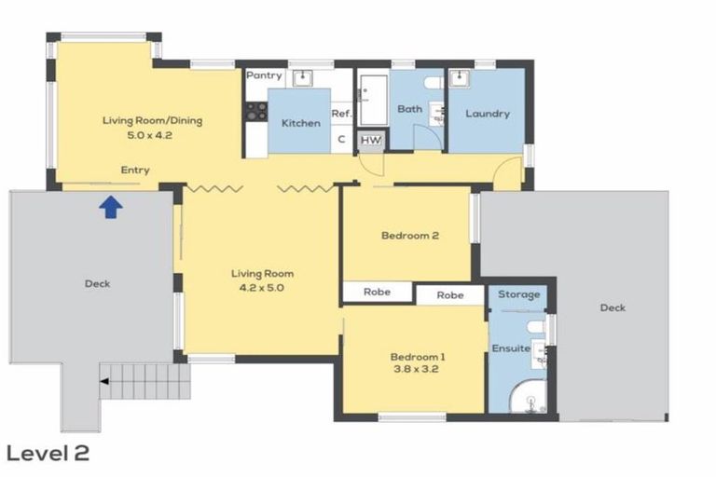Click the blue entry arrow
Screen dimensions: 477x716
(110, 207)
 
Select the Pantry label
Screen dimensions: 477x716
(263, 75)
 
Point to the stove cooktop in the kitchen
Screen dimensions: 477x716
(256, 112)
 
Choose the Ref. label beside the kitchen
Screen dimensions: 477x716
(340, 113)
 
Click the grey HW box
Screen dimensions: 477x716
(371, 140)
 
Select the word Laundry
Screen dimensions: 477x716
(488, 114)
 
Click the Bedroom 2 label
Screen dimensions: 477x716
(410, 236)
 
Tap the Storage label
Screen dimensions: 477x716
(518, 294)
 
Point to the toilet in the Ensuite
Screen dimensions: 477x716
(533, 327)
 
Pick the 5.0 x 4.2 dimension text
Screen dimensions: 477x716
(151, 135)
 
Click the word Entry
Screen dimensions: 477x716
(135, 170)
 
